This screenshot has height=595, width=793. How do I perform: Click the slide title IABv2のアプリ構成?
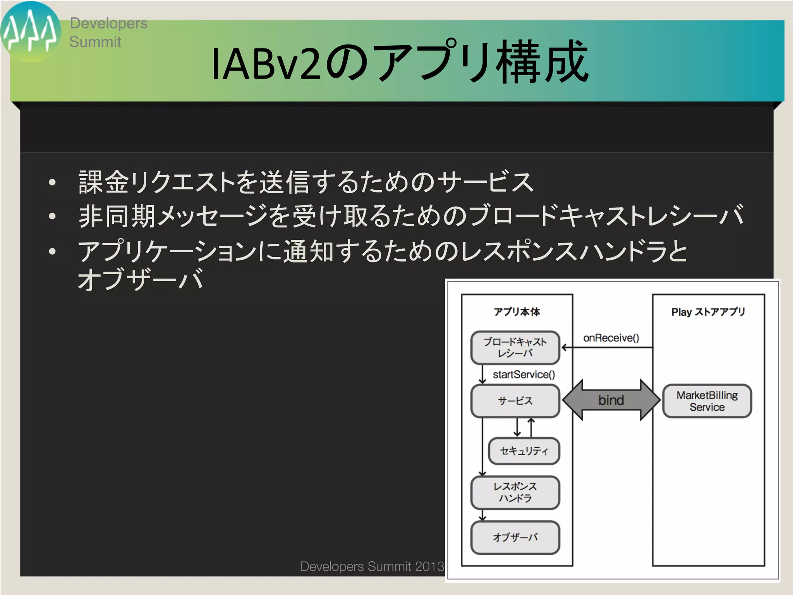tap(400, 62)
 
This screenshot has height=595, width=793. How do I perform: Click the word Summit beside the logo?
tap(95, 42)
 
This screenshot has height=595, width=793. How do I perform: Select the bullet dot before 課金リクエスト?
tap(53, 182)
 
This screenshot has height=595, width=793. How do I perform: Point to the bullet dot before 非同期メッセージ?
tap(53, 217)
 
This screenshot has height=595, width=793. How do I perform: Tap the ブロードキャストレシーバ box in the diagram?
tap(515, 347)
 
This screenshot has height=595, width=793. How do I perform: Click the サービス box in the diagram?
tap(515, 401)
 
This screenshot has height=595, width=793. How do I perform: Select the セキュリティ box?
tap(524, 451)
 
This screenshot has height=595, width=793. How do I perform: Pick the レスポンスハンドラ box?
tap(515, 492)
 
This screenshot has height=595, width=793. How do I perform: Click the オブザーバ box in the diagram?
tap(515, 537)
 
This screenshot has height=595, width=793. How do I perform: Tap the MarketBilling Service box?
tap(707, 401)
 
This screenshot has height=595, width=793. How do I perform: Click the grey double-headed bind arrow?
tap(611, 400)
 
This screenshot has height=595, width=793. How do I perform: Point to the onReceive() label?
tap(611, 338)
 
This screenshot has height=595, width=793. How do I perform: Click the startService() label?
tap(524, 375)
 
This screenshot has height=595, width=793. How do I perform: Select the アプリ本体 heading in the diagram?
tap(517, 312)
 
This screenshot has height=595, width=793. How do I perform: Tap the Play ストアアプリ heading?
tap(708, 312)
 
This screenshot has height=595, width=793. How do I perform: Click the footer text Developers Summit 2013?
tap(372, 566)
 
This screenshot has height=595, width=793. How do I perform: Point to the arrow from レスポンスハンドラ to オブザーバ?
tap(482, 516)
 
